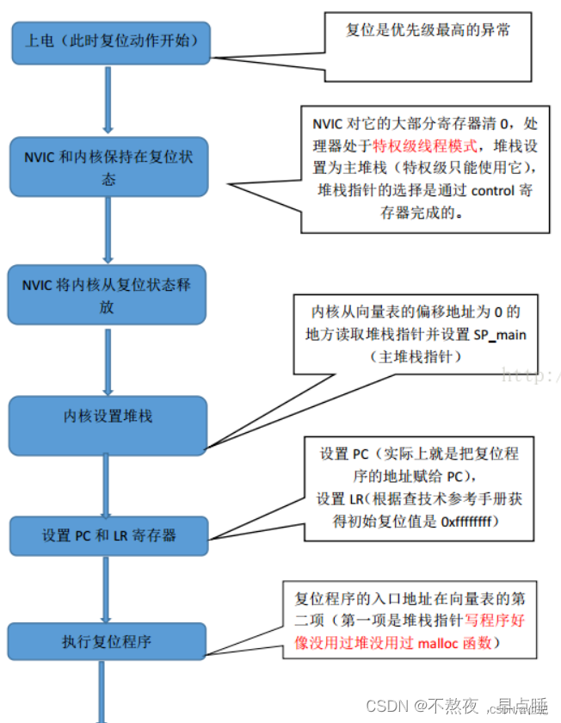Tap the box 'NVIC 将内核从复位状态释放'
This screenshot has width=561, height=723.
[108, 295]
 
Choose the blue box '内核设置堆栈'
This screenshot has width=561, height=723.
[108, 417]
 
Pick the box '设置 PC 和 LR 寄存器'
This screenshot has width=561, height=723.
[108, 535]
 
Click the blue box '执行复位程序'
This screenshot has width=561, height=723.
[108, 642]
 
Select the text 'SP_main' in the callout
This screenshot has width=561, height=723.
[500, 334]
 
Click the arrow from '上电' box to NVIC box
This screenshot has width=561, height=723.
[108, 100]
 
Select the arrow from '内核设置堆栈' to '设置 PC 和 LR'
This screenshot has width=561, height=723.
[108, 485]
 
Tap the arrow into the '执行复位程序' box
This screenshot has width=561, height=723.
[108, 589]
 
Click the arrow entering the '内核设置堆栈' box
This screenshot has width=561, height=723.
[108, 361]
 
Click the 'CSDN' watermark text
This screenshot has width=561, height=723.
[386, 705]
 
